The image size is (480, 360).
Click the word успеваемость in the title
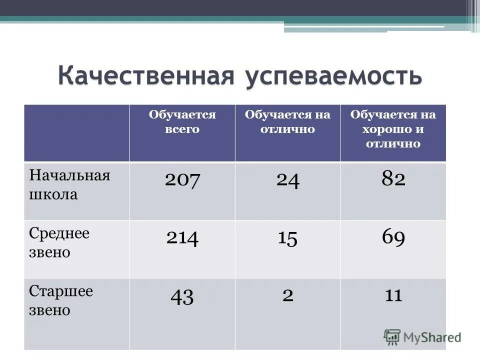(333, 76)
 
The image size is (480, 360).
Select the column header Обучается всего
(182, 122)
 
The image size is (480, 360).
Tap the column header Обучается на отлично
(287, 122)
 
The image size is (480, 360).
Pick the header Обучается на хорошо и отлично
(393, 129)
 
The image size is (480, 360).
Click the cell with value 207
(182, 179)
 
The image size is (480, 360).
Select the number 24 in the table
(287, 180)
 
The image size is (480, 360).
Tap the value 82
(393, 179)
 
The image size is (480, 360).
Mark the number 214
(182, 238)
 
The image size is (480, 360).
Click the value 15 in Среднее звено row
(287, 238)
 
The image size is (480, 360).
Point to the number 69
(393, 237)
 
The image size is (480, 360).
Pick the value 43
(182, 296)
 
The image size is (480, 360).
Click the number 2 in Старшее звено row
(287, 295)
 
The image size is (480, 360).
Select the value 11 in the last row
(393, 295)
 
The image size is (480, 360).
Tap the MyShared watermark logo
(422, 337)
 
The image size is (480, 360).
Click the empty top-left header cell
(77, 133)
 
